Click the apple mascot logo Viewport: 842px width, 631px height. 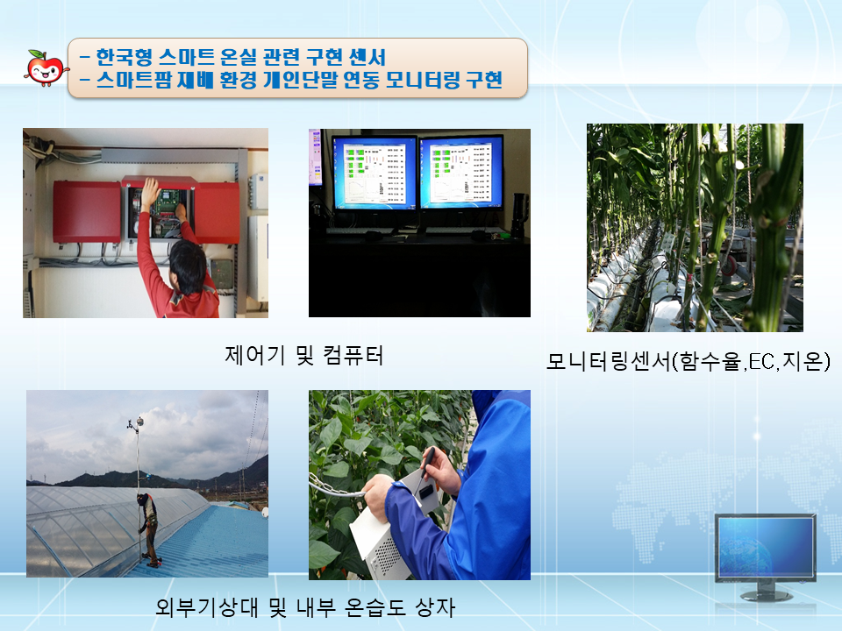coord(46,68)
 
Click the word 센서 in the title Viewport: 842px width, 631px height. coord(367,57)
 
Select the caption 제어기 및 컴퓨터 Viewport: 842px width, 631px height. coord(304,355)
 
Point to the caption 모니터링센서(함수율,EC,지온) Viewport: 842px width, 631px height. coord(688,361)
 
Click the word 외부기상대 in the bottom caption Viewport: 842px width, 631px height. coord(207,606)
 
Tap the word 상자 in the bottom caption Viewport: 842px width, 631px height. coord(435,606)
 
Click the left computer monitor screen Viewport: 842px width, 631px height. coord(375,174)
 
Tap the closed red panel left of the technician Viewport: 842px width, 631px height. coord(87,211)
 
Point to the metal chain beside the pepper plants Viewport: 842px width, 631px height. coord(336,486)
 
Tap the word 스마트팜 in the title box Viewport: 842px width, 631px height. coord(133,80)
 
